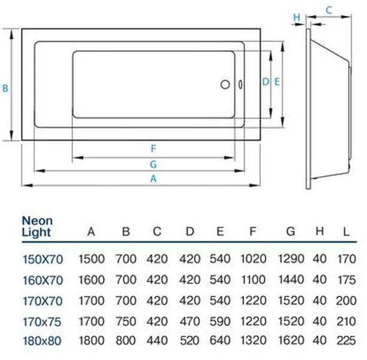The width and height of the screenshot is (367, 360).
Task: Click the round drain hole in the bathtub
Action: point(225,85)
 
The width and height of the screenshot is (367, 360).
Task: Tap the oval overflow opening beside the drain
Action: point(240,85)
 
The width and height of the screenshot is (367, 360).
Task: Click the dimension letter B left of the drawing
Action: point(5,89)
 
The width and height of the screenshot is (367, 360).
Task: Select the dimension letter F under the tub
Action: point(154,149)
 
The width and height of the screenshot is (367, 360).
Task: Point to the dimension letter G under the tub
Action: point(154,164)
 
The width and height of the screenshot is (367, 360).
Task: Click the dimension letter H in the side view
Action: point(297,17)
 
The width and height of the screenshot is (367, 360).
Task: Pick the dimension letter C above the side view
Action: point(329,10)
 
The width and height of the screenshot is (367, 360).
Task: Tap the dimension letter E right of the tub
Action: point(276,82)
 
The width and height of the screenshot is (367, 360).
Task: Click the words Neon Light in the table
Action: point(37,226)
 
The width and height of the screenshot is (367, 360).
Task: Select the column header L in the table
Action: point(346,232)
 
